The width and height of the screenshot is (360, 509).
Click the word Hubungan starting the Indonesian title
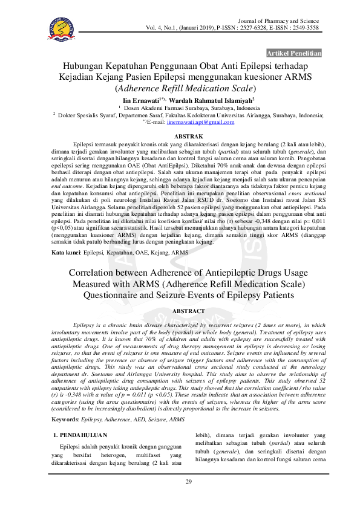[89, 66]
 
